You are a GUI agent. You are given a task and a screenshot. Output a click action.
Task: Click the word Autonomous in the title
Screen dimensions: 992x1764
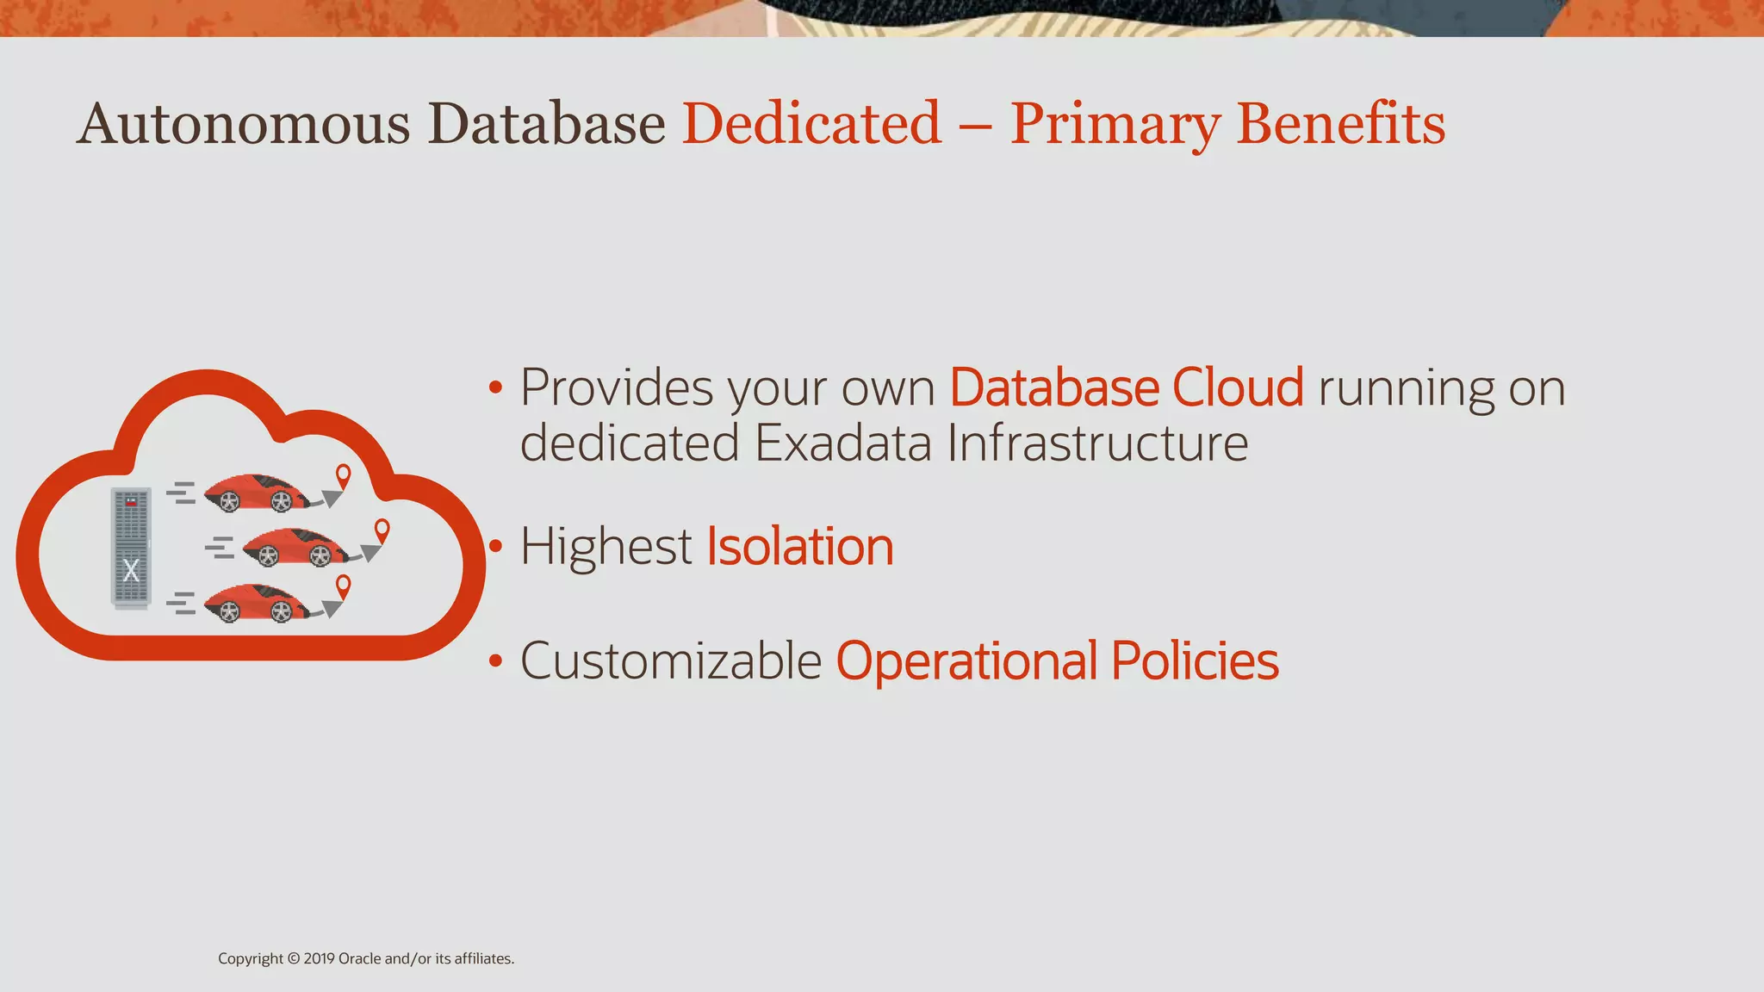(x=243, y=123)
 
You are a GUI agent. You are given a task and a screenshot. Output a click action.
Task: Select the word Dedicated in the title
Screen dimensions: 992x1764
(x=811, y=123)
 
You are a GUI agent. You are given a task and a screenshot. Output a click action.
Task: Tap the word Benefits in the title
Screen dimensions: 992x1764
(x=1340, y=123)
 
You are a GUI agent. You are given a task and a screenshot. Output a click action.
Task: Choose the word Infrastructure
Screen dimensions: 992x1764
(x=1097, y=443)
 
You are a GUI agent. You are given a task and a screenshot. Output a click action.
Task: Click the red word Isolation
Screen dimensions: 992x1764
(x=800, y=547)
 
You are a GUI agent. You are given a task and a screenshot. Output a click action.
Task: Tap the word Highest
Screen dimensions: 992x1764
(x=606, y=547)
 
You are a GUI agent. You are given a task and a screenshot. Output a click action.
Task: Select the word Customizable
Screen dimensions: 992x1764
(x=671, y=661)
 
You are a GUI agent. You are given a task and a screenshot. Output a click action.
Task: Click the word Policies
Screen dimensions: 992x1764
(x=1195, y=661)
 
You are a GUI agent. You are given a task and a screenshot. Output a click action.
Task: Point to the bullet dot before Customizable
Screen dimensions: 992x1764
(x=494, y=660)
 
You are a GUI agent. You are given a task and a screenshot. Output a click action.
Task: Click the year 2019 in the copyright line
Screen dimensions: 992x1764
(x=319, y=958)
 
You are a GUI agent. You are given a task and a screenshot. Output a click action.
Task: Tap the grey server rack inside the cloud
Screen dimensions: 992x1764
(x=131, y=548)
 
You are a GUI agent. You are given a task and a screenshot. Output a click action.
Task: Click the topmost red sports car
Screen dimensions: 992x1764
(x=257, y=493)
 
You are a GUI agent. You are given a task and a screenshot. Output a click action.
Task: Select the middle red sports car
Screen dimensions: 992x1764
(x=295, y=548)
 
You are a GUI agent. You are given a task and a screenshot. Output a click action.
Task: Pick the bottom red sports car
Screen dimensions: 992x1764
(x=257, y=603)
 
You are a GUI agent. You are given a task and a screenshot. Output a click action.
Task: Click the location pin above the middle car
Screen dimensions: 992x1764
(x=382, y=530)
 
